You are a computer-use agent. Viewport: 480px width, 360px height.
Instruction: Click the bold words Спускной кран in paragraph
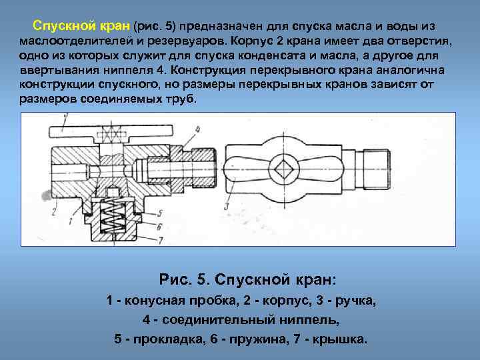coord(82,26)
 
